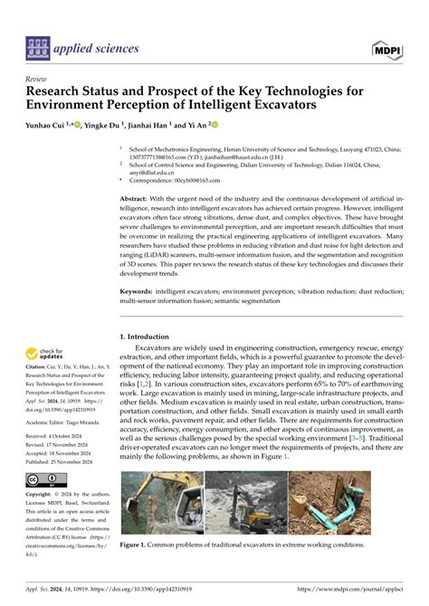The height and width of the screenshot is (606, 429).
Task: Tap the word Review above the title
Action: point(37,79)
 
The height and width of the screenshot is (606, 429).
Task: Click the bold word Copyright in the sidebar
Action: point(42,496)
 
